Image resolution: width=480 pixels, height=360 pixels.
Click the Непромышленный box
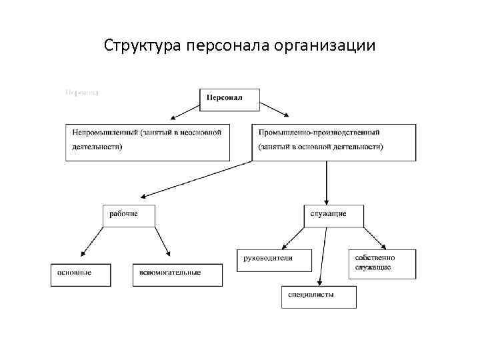pos(147,141)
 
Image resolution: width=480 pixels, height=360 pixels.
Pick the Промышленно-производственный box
pos(325,141)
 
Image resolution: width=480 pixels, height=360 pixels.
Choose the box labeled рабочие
pos(129,215)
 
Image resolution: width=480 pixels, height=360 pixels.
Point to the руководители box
pos(274,259)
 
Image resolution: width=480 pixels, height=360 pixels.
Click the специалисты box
pos(318,296)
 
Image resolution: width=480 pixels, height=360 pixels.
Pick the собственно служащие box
pos(382,263)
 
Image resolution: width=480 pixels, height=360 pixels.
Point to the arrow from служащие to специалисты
pos(323,256)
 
